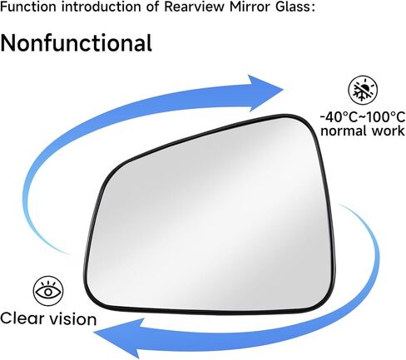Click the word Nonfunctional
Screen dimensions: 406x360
[76, 43]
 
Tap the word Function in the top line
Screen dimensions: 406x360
[28, 7]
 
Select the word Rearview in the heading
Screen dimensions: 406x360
[194, 7]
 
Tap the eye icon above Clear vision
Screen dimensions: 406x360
[48, 291]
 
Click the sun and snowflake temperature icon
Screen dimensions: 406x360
[363, 91]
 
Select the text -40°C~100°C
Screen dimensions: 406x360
[363, 117]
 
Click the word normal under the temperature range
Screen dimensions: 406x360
[344, 131]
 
